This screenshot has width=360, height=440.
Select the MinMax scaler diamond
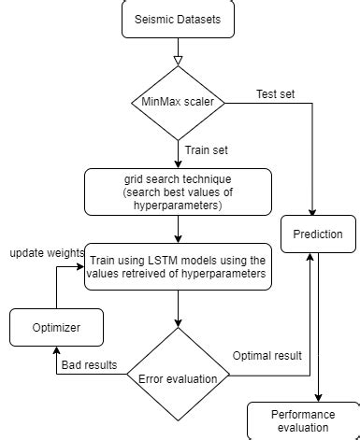(177, 103)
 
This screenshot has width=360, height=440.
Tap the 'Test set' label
(277, 93)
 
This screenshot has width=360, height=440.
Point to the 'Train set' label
(206, 149)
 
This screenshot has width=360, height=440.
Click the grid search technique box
(178, 192)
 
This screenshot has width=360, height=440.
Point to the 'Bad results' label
(88, 365)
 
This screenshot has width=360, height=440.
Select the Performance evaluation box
(303, 420)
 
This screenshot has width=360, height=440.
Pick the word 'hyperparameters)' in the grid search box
(178, 206)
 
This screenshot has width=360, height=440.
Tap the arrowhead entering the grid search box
(177, 164)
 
